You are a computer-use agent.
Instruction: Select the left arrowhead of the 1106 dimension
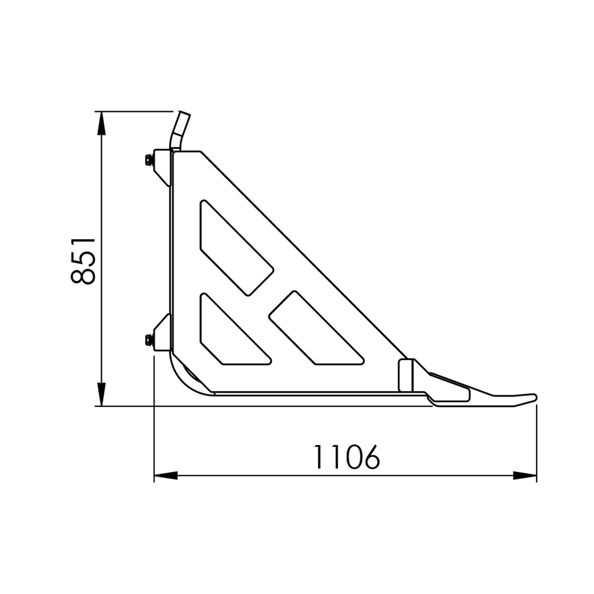click(166, 475)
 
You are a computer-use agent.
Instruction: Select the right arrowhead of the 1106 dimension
click(525, 475)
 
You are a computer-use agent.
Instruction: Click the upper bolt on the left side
click(148, 159)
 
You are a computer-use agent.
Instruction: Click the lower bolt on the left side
click(148, 340)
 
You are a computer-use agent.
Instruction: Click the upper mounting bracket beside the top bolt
click(162, 166)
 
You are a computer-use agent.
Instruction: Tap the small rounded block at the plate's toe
click(406, 375)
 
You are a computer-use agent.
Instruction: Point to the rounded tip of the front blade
click(532, 397)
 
